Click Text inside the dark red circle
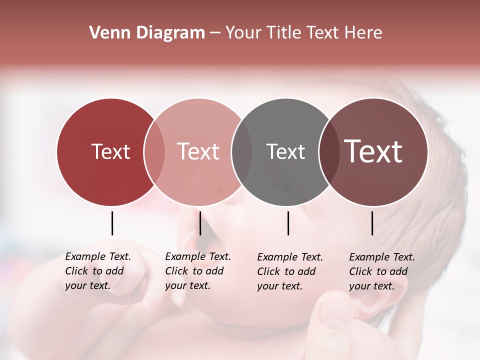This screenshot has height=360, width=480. tap(110, 151)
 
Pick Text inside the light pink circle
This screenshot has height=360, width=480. tap(198, 151)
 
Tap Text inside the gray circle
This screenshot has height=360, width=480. tap(285, 151)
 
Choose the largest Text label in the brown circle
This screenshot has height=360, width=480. tap(373, 151)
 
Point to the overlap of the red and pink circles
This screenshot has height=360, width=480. tap(154, 151)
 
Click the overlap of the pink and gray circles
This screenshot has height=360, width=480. tap(242, 151)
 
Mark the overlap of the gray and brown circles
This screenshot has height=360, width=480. tap(329, 151)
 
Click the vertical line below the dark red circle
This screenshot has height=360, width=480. tap(112, 223)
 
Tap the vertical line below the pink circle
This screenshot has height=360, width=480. tap(200, 223)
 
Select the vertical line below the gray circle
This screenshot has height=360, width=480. tap(288, 223)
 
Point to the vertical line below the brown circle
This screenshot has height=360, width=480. tap(372, 223)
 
